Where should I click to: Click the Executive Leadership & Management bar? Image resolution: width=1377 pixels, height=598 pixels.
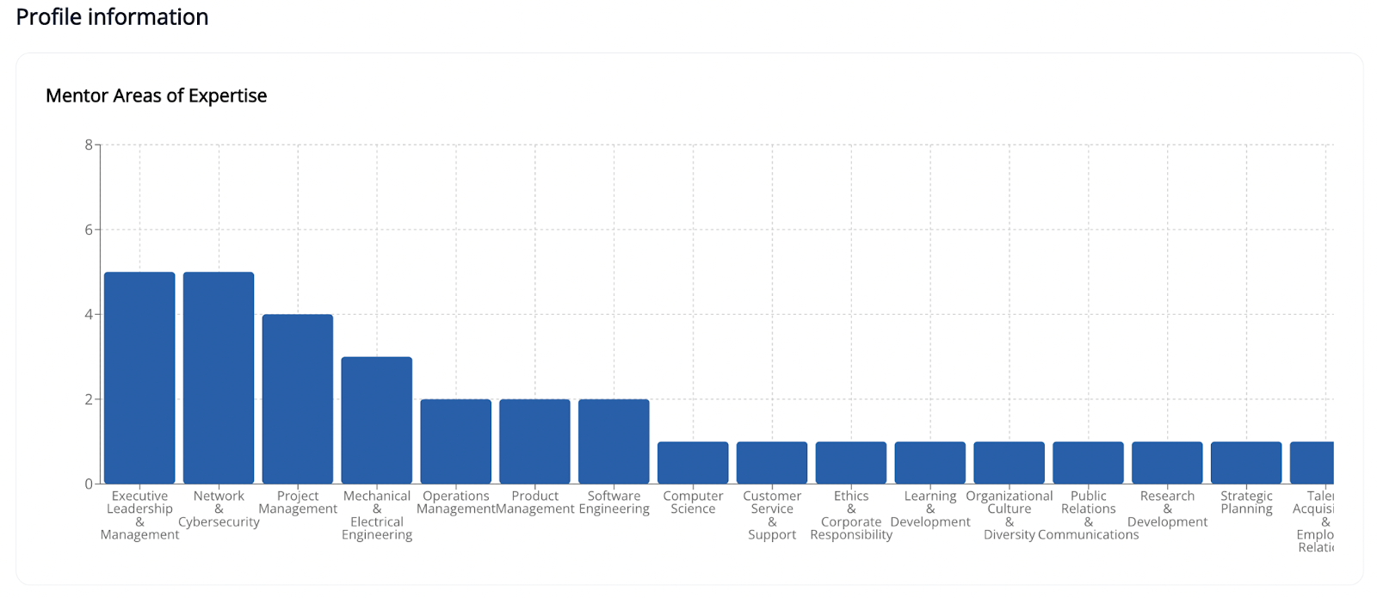139,378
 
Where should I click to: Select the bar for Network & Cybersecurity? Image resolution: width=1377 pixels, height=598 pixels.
219,378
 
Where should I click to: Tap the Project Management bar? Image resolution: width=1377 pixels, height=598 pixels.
298,399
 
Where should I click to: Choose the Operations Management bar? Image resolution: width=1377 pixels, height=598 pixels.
456,441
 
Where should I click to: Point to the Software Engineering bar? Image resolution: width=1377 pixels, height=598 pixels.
614,441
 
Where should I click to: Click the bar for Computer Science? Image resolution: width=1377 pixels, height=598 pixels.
693,463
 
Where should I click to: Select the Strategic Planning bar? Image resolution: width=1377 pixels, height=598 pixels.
1246,463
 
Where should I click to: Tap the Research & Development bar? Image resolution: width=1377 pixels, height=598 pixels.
1167,463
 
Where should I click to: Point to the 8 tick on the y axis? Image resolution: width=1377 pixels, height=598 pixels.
89,145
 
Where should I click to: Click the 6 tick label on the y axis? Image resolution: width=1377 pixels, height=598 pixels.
89,230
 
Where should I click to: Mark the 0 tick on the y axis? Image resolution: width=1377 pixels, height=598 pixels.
89,484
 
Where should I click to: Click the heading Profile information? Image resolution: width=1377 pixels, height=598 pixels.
112,17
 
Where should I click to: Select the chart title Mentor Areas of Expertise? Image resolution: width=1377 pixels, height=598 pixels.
156,96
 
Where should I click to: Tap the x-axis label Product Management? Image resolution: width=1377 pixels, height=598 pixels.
535,502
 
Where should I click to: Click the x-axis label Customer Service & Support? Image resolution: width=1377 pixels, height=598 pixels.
772,515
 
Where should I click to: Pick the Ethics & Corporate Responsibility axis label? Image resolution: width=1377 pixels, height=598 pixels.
851,515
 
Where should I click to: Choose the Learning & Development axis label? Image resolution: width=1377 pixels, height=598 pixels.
930,509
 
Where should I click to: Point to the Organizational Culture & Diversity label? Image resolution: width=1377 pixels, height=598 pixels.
1010,515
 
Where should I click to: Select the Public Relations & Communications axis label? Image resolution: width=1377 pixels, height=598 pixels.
1089,515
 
